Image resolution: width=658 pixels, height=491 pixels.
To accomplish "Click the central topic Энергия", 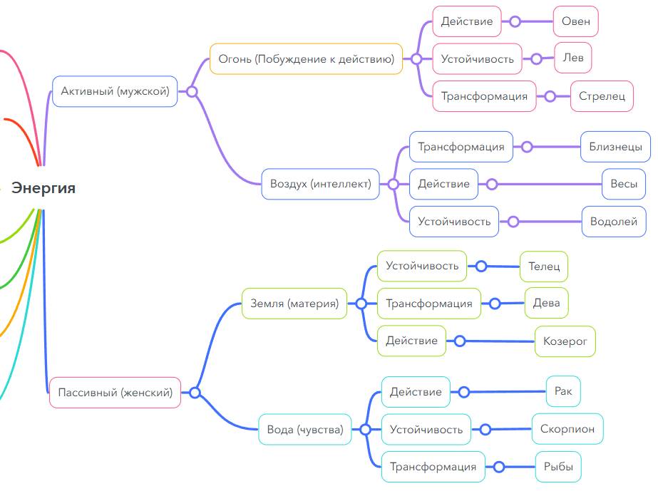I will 43,188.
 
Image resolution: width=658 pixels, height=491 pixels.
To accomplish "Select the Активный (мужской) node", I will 115,91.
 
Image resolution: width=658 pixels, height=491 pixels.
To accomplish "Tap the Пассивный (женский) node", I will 115,392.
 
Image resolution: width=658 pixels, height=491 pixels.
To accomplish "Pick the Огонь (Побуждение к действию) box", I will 307,58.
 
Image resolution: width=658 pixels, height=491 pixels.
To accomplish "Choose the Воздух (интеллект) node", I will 320,184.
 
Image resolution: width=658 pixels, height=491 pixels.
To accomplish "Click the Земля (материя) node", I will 294,303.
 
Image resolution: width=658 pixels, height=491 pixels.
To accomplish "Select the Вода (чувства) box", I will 305,429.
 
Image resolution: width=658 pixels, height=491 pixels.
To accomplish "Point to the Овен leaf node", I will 576,21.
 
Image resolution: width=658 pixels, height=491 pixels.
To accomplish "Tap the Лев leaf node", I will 573,58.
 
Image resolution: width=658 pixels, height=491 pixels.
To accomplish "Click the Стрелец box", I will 602,96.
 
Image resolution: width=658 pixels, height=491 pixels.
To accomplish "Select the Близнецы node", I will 615,147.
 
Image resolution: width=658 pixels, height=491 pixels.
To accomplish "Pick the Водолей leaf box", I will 614,222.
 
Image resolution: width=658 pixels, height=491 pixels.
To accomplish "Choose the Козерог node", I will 565,341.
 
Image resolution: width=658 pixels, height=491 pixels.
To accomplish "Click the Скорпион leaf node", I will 567,429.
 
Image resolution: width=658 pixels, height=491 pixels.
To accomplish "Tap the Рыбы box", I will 558,467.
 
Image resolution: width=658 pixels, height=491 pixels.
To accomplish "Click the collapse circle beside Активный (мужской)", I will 192,91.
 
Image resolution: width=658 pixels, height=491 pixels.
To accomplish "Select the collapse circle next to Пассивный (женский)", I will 195,392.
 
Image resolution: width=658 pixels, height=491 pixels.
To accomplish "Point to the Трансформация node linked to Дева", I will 429,304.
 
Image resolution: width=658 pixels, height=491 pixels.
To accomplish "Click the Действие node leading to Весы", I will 443,184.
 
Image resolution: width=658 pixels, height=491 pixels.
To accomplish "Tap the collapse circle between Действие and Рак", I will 464,392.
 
